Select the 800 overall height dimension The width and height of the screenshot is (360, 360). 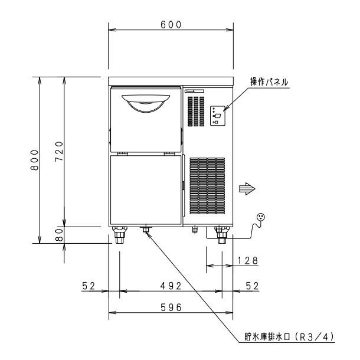(35, 160)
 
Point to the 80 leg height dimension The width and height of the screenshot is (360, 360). (60, 234)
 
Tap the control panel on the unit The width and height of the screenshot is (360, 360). (217, 116)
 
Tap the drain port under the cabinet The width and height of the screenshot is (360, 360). (145, 229)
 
